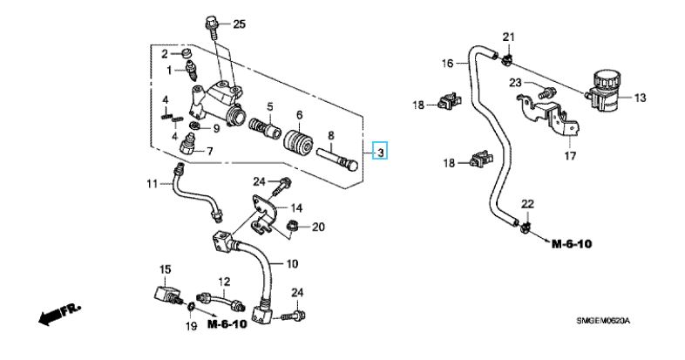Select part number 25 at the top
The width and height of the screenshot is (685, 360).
pyautogui.click(x=240, y=23)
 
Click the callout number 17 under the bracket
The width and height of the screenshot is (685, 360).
pyautogui.click(x=570, y=157)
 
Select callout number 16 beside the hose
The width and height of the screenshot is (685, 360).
pyautogui.click(x=447, y=63)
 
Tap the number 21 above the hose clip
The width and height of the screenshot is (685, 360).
pyautogui.click(x=509, y=37)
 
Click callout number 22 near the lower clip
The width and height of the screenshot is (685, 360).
pyautogui.click(x=526, y=204)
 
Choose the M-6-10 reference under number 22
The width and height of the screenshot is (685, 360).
pyautogui.click(x=572, y=244)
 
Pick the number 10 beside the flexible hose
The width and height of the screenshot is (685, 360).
pyautogui.click(x=291, y=262)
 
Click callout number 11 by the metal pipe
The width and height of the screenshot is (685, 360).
pyautogui.click(x=152, y=183)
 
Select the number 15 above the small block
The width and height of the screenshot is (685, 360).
pyautogui.click(x=166, y=268)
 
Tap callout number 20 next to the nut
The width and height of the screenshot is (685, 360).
pyautogui.click(x=317, y=228)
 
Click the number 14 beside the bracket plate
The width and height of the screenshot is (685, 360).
pyautogui.click(x=296, y=208)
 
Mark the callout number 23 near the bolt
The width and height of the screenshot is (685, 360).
pyautogui.click(x=516, y=83)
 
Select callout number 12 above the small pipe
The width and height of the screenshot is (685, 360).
pyautogui.click(x=223, y=282)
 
